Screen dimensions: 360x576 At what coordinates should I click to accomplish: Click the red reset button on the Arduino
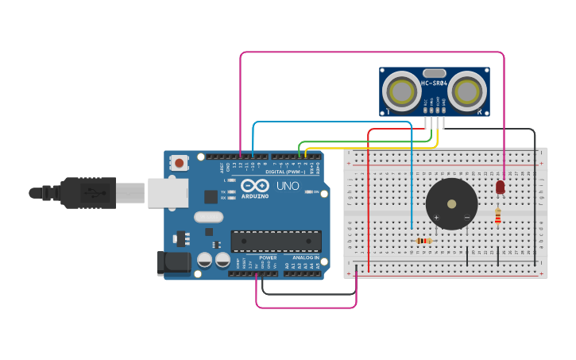179,163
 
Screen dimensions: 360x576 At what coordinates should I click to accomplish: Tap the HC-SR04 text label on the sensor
434,83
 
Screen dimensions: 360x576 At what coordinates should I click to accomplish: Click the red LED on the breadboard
500,188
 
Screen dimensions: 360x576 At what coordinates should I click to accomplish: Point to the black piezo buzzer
451,203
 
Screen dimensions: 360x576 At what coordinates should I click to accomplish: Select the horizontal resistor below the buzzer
423,241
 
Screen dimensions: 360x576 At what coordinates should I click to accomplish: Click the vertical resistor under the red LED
498,215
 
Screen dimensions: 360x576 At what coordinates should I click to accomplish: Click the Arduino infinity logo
255,185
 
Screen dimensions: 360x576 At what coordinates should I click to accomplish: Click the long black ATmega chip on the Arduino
276,241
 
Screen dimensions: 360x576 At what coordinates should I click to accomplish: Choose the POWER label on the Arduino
268,257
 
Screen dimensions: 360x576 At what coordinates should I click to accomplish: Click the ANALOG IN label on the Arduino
305,257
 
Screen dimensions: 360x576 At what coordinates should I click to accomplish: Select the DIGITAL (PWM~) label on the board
284,172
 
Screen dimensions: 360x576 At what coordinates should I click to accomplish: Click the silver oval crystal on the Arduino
209,217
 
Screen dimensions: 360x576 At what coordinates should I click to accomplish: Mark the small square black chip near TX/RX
211,196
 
